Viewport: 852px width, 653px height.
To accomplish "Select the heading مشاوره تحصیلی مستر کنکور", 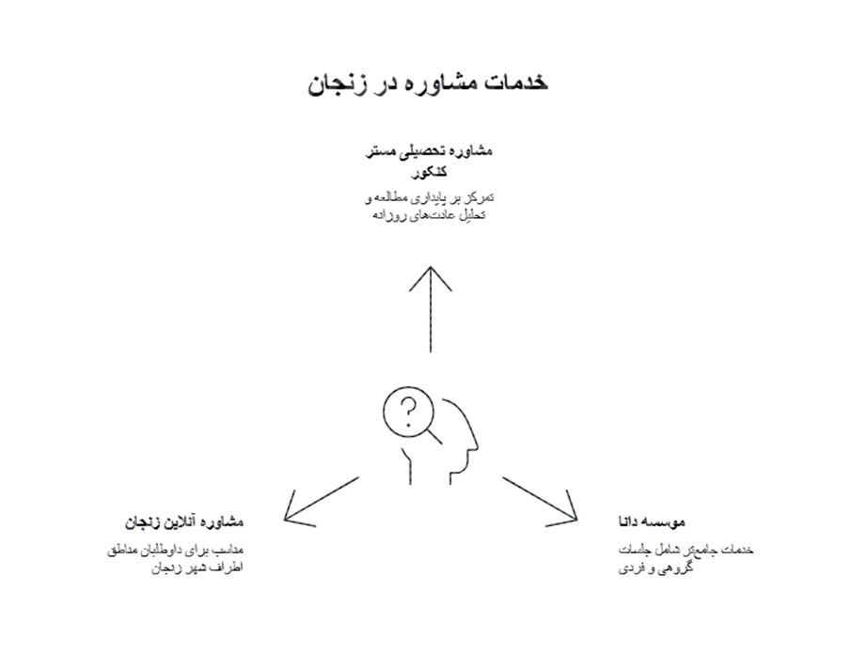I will click(429, 161).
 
